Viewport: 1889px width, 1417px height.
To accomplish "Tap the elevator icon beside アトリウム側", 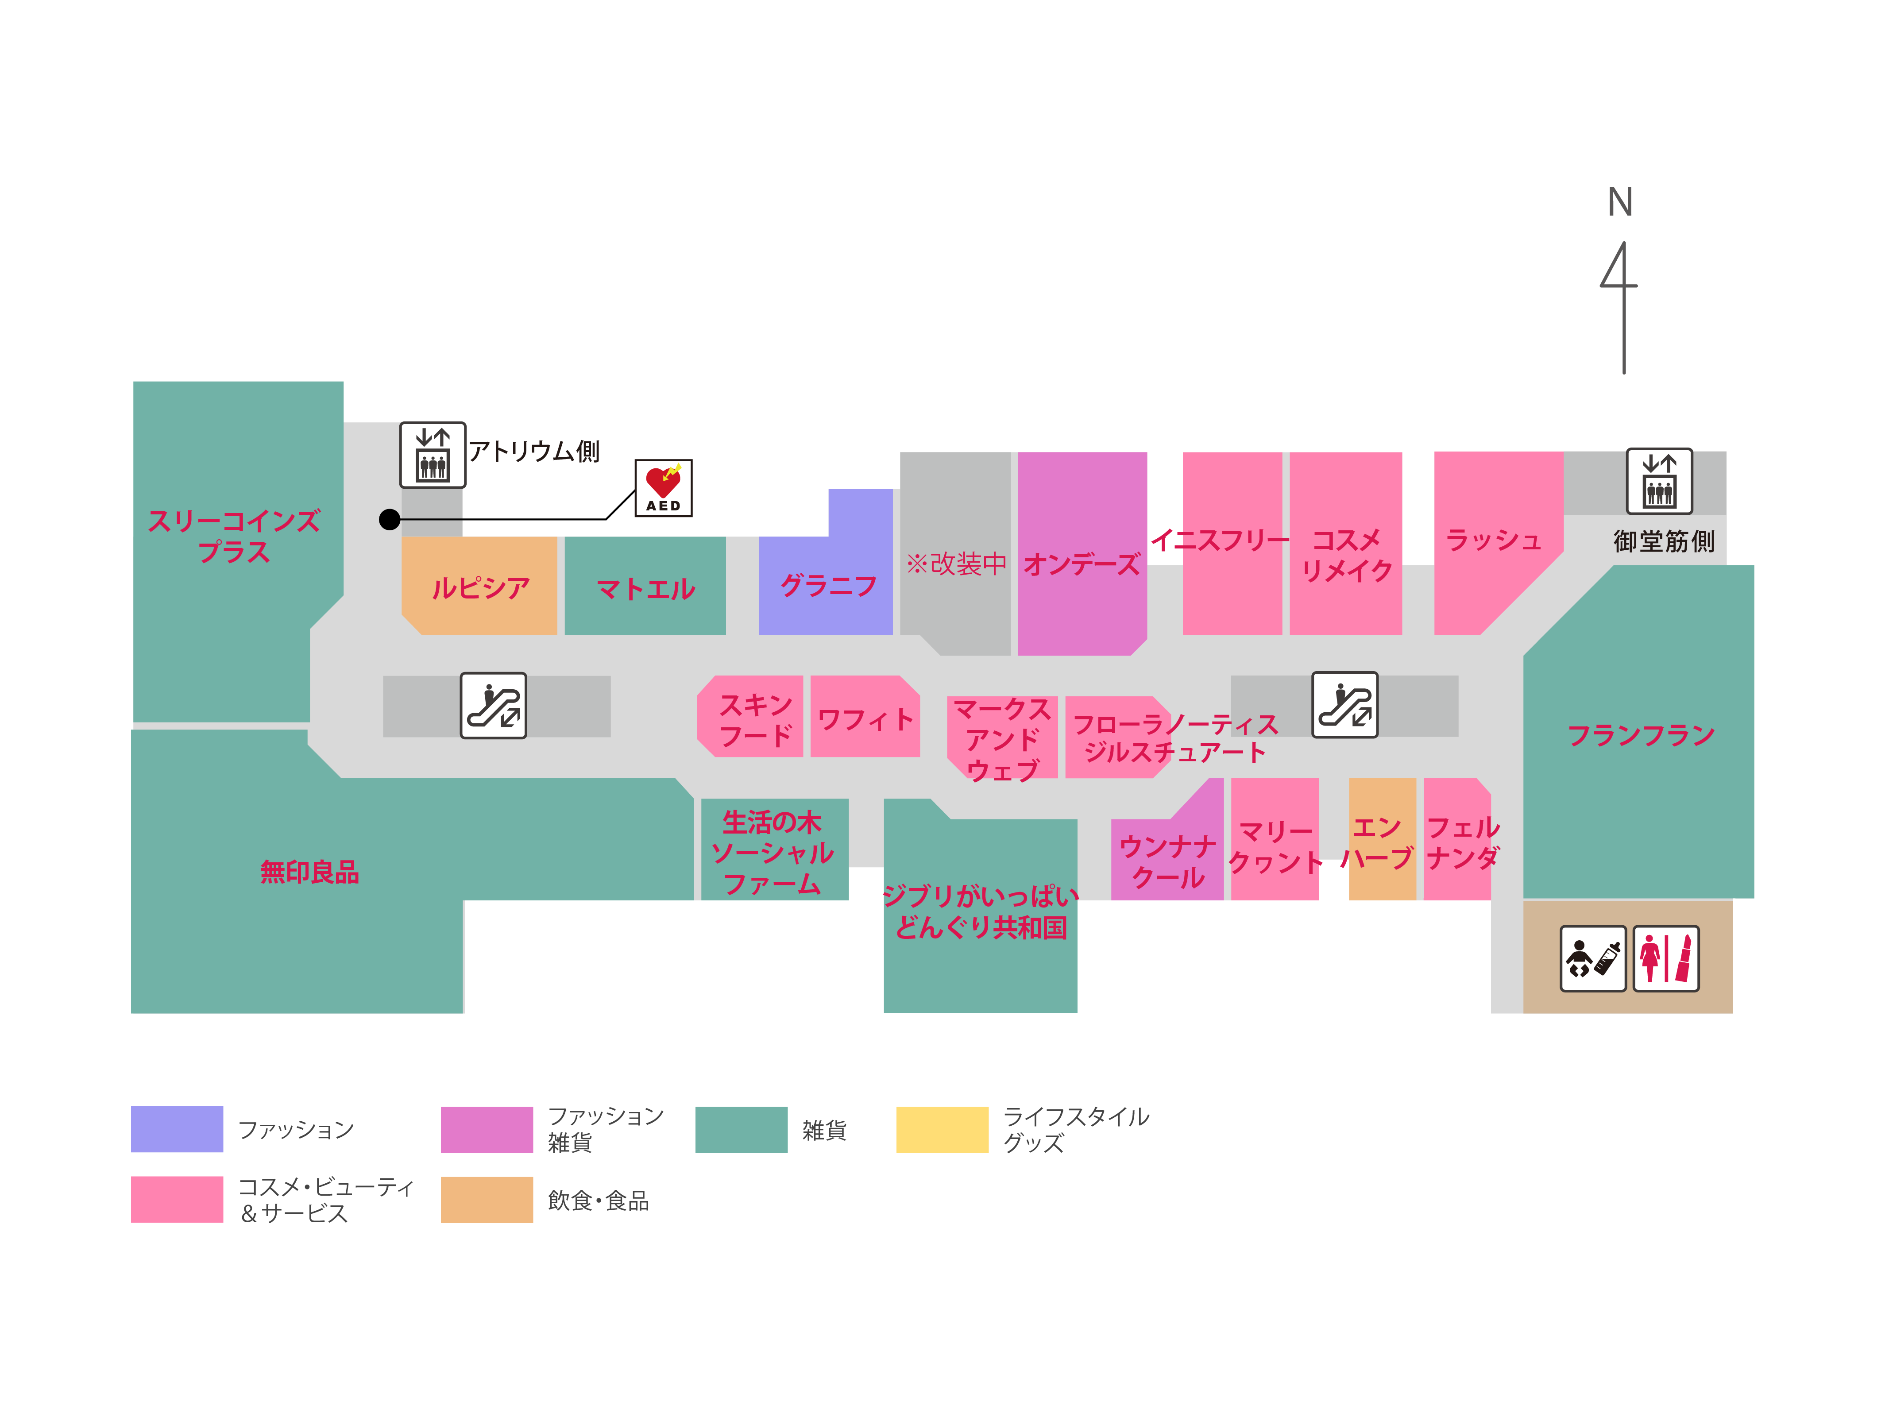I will pos(433,454).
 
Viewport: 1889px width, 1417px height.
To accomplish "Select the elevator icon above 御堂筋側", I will pos(1658,481).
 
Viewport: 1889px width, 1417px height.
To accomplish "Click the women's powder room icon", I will pos(1665,958).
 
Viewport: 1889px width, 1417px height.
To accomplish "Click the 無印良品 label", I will pos(309,872).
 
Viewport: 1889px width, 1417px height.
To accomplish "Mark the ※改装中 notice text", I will pos(956,564).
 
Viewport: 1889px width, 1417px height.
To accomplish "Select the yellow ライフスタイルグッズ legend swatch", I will pos(942,1129).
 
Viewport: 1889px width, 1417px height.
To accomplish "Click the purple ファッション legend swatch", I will pos(177,1129).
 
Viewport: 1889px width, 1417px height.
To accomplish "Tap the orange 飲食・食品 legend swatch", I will pos(487,1199).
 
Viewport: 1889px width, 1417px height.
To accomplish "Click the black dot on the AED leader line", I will pos(390,519).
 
